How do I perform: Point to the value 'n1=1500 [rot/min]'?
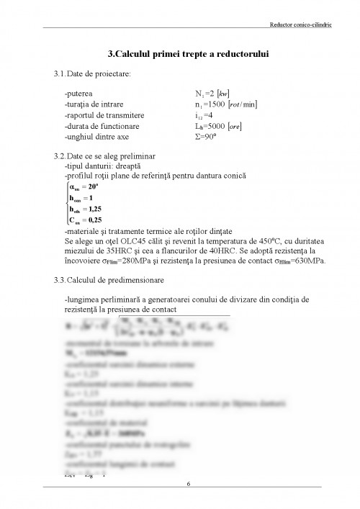[x=222, y=104]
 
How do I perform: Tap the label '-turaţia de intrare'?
[x=94, y=104]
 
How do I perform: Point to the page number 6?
[x=188, y=483]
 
